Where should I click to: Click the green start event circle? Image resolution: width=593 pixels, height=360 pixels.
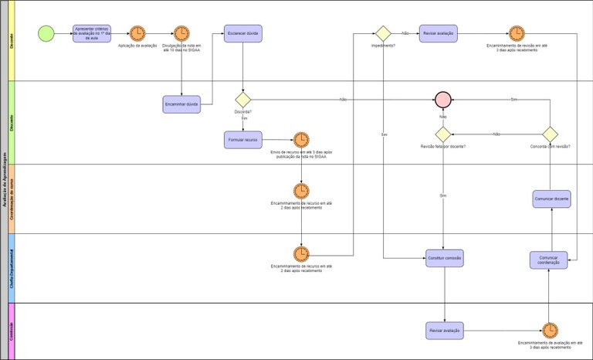[x=46, y=34]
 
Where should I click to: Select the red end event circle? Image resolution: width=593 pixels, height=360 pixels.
[x=442, y=100]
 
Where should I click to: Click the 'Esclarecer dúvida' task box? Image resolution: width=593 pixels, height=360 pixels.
[x=243, y=34]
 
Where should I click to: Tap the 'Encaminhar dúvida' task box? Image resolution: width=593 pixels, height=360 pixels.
[x=181, y=104]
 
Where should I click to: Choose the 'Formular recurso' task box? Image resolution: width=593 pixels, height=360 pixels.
[x=243, y=140]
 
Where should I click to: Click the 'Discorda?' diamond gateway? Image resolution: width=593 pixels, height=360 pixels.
[x=243, y=100]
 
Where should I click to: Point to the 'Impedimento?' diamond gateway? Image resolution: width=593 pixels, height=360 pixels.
[x=383, y=34]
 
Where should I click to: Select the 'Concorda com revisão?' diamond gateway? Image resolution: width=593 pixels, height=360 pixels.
[x=550, y=134]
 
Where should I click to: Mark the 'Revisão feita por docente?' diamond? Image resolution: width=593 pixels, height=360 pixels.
[x=442, y=134]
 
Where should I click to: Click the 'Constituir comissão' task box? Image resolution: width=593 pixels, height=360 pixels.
[x=445, y=259]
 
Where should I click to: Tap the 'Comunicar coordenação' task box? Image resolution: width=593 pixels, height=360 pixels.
[x=549, y=260]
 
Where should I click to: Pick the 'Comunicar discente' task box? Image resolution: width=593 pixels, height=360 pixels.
[x=552, y=199]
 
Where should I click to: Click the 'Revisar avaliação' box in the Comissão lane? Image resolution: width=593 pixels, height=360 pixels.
[x=444, y=330]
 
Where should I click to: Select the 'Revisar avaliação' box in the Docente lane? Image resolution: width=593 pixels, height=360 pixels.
[x=439, y=34]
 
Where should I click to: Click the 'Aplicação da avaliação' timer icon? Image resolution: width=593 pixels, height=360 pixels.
[x=137, y=34]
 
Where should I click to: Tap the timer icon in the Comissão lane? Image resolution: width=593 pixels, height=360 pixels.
[x=550, y=330]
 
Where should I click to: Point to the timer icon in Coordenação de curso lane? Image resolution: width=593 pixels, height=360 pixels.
[x=301, y=190]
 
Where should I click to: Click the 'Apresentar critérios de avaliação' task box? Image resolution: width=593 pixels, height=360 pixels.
[x=92, y=34]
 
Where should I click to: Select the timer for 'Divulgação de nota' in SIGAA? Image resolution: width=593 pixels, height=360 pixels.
[x=181, y=34]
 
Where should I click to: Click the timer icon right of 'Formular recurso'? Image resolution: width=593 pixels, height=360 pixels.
[x=301, y=140]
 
